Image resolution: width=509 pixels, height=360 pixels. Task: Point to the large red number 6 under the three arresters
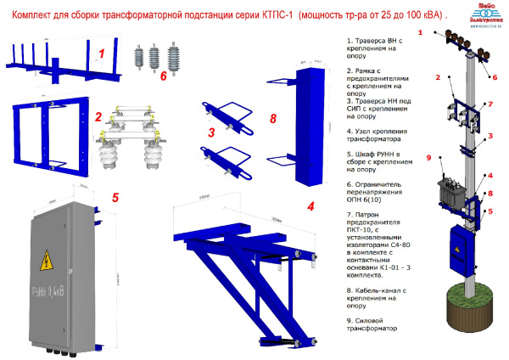(x=163, y=75)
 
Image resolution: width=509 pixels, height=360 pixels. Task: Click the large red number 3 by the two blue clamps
(x=212, y=132)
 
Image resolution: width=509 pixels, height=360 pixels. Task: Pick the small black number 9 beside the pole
(x=429, y=157)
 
